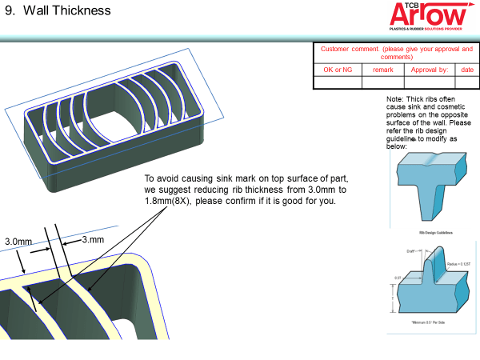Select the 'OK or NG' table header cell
pyautogui.click(x=337, y=70)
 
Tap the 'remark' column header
pyautogui.click(x=383, y=70)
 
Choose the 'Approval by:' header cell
pyautogui.click(x=430, y=70)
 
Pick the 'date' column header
pyautogui.click(x=466, y=70)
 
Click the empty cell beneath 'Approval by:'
pyautogui.click(x=430, y=82)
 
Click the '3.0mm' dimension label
pyautogui.click(x=18, y=241)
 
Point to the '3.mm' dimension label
pyautogui.click(x=94, y=240)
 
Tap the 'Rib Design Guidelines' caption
pyautogui.click(x=436, y=233)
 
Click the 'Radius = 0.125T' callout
pyautogui.click(x=458, y=262)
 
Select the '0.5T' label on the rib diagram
pyautogui.click(x=398, y=278)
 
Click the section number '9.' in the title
pyautogui.click(x=10, y=11)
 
